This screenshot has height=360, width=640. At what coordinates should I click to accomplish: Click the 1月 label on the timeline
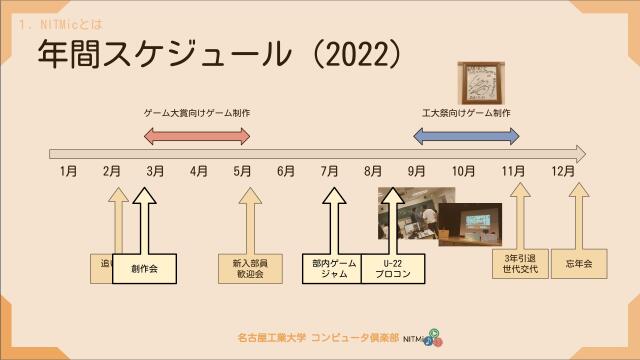pos(68,172)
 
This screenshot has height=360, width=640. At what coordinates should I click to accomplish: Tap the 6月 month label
pos(286,172)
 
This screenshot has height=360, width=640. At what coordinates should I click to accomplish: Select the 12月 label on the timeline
pos(563,172)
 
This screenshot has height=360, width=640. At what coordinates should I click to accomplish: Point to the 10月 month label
pos(463,172)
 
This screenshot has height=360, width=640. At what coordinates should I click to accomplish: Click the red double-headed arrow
pos(196,136)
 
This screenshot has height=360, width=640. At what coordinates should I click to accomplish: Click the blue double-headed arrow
pos(467,136)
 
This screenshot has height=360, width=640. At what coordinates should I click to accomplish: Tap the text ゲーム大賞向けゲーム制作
pos(196,113)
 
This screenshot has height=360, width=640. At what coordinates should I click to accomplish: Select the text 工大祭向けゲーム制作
pos(467,113)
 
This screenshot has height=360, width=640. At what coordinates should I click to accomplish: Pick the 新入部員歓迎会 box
pos(243,269)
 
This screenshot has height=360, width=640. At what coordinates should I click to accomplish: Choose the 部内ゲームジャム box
pos(333,269)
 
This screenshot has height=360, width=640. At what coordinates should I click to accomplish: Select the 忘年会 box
pos(578,264)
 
